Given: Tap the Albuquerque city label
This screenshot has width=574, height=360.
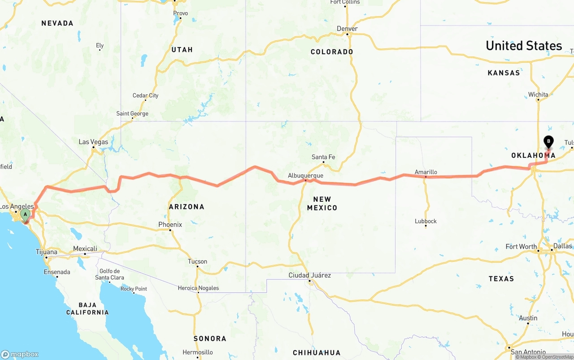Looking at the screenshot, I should coord(305,175).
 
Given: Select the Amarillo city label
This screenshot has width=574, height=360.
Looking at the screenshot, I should coord(426,172).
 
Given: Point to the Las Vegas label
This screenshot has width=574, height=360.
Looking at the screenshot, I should coord(93,142).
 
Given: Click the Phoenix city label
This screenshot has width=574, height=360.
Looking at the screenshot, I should coord(170,225).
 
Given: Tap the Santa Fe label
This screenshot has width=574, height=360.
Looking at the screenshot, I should coord(323,157).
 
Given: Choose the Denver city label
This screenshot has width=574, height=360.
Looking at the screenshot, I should coord(347,29).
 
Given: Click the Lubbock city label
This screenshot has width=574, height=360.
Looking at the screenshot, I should coord(426,221).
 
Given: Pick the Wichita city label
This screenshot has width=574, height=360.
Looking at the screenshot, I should coord(538,95).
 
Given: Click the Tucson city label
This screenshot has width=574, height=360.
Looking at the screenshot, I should coord(197,261).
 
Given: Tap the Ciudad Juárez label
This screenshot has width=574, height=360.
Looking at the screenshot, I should coord(309,275).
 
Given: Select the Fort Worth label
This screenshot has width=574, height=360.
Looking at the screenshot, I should coord(521,247).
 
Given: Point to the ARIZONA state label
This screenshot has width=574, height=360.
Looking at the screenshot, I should coord(187,207).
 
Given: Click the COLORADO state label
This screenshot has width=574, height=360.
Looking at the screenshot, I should coord(332,52).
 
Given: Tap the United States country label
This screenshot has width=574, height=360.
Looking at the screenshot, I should coord(523,46).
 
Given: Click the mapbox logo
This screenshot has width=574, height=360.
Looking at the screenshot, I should coord(20,354).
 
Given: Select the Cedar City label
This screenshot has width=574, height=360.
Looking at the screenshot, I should coord(145,95).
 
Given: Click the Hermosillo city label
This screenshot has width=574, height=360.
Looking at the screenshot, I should coord(198,352).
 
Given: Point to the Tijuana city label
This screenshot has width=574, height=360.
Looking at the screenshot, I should coord(47,252).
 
